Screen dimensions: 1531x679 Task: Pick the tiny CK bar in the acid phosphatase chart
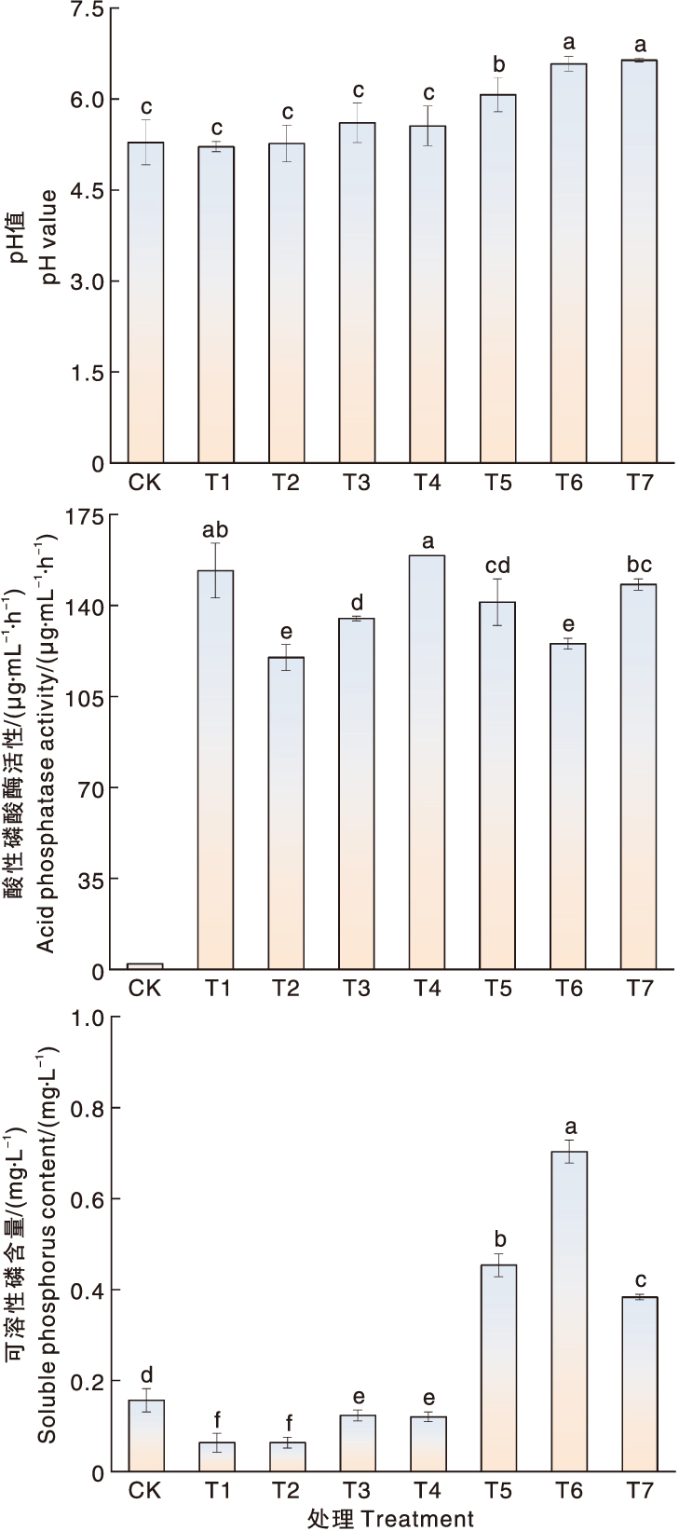click(145, 966)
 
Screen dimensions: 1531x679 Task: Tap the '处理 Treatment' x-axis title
click(390, 1519)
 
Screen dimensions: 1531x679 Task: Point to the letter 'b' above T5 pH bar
click(498, 64)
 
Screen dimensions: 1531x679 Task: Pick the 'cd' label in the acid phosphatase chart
click(498, 567)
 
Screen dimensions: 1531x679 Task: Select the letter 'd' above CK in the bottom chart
click(146, 1376)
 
